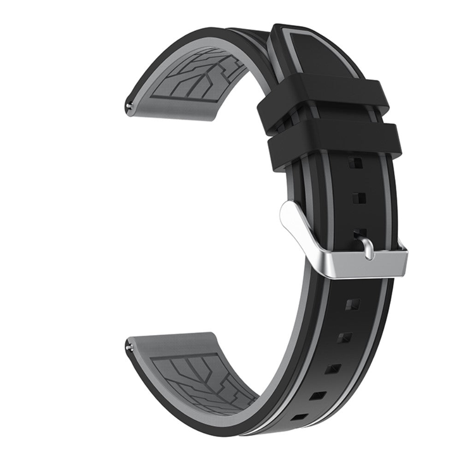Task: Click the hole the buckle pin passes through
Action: (362, 231)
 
